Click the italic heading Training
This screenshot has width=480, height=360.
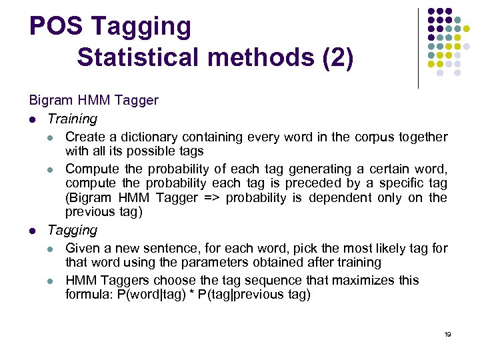click(72, 119)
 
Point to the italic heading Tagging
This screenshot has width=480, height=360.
click(72, 230)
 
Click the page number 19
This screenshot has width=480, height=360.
click(447, 334)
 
